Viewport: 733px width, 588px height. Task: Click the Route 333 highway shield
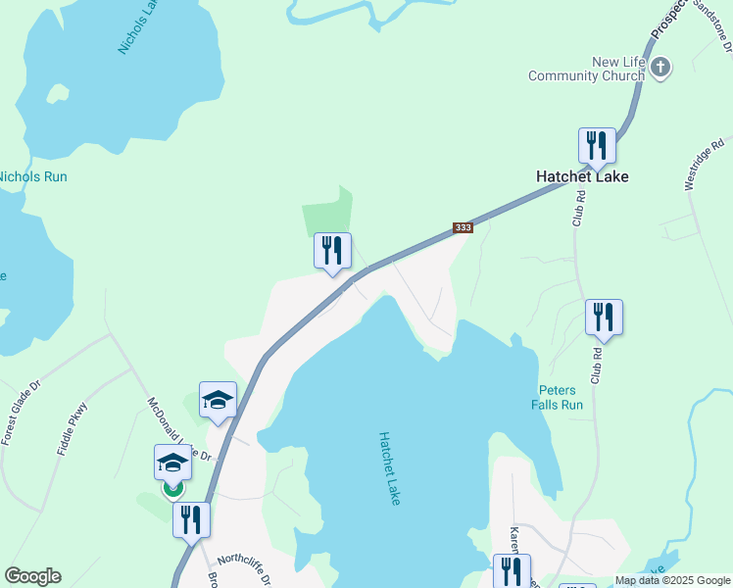coord(464,228)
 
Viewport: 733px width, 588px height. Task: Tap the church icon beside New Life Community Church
coord(660,68)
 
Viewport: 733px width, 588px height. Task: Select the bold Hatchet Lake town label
coord(582,176)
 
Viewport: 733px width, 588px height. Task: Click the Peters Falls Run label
coord(558,397)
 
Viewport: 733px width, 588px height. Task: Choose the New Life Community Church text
coord(588,69)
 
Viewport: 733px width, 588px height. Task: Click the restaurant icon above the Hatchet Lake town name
coord(597,146)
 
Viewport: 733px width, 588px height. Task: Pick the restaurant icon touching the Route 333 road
coord(332,251)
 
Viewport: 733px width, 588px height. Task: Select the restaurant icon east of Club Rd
coord(604,318)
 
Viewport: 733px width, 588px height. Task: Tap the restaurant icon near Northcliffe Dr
coord(191,518)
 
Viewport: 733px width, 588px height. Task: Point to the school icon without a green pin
coord(218,400)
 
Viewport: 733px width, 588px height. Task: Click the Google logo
coord(32,576)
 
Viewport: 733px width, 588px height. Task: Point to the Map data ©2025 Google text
coord(672,580)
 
